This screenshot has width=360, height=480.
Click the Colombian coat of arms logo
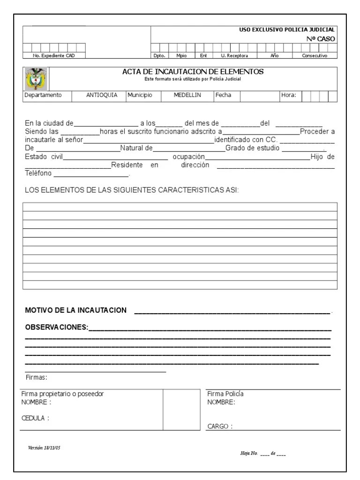pyautogui.click(x=36, y=79)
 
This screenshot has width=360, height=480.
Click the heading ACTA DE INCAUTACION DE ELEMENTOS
pyautogui.click(x=193, y=72)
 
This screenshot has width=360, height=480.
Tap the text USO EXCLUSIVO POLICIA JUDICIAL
pyautogui.click(x=287, y=30)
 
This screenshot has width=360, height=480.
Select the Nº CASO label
pyautogui.click(x=321, y=39)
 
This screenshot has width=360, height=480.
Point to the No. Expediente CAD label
pyautogui.click(x=51, y=55)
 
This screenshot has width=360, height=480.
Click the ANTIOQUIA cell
pyautogui.click(x=102, y=95)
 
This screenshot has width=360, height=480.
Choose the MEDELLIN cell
pyautogui.click(x=187, y=95)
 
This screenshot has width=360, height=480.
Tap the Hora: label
pyautogui.click(x=288, y=95)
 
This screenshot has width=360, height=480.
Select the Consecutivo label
pyautogui.click(x=315, y=55)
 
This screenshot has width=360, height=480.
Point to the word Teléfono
pyautogui.click(x=38, y=174)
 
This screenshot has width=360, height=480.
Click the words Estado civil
pyautogui.click(x=44, y=157)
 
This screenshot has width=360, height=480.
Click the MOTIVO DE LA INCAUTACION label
pyautogui.click(x=75, y=310)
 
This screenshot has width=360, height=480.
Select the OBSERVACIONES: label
pyautogui.click(x=56, y=327)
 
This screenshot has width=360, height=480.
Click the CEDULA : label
pyautogui.click(x=36, y=419)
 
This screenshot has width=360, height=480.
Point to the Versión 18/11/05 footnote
pyautogui.click(x=44, y=447)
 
